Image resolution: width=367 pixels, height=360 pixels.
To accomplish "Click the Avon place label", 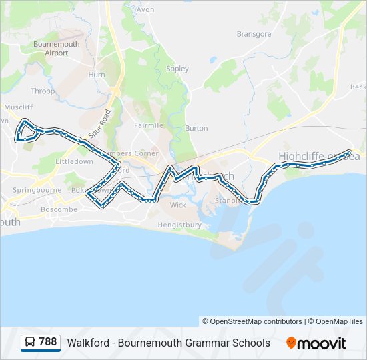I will click(x=145, y=10).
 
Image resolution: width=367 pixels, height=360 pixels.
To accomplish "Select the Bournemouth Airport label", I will click(x=57, y=49).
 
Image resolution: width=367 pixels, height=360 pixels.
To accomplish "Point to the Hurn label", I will click(x=97, y=75).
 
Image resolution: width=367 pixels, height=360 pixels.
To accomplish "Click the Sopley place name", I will click(x=177, y=69).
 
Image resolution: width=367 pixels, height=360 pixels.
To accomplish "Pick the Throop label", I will click(x=43, y=91).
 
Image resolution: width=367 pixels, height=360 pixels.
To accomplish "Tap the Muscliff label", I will click(x=18, y=107).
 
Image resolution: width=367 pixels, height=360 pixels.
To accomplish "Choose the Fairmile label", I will click(x=148, y=125).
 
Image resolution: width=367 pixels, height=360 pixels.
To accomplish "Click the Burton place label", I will click(x=196, y=128).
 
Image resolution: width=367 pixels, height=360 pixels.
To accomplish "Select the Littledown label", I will click(x=75, y=162).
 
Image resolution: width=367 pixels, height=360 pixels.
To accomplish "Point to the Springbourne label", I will click(x=32, y=190).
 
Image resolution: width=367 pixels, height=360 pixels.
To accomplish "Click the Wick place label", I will click(x=177, y=205).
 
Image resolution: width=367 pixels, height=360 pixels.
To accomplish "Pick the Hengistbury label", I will click(x=179, y=225).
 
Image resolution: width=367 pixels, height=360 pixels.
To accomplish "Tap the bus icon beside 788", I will click(x=31, y=343).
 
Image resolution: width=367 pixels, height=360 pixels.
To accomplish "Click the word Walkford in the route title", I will click(x=87, y=343).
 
